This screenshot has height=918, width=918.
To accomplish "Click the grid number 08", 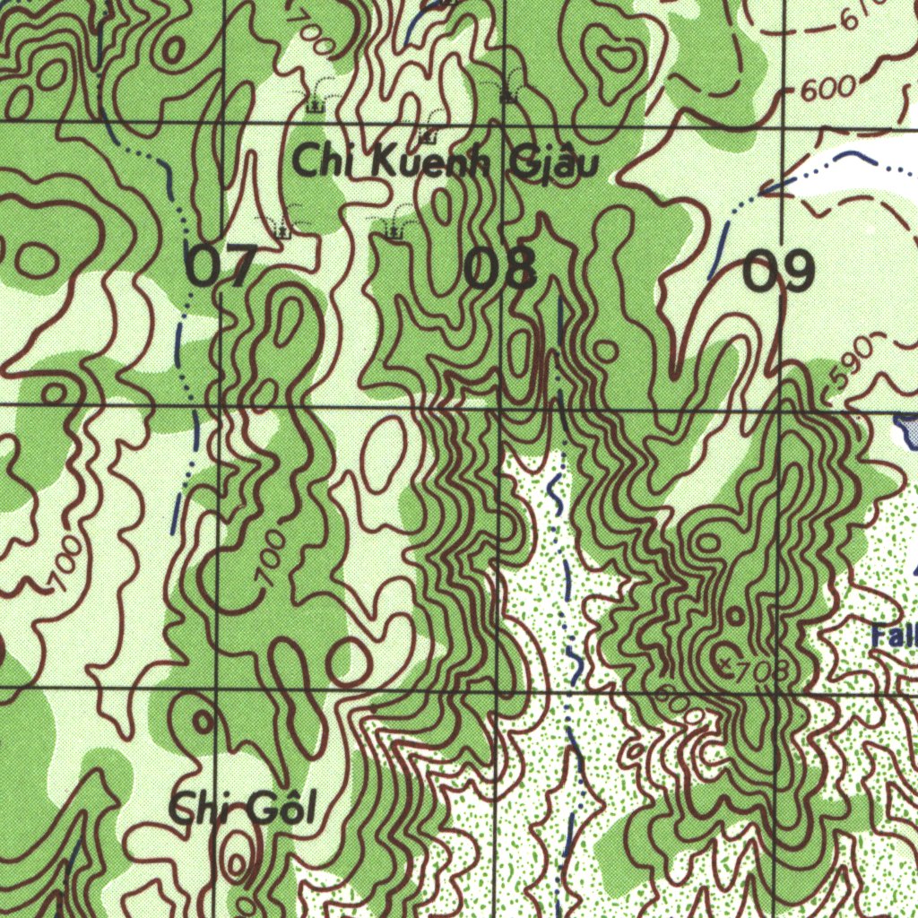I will (x=500, y=268).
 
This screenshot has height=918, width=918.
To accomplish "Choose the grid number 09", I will (x=779, y=270).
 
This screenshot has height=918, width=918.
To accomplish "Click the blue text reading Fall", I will (x=895, y=637).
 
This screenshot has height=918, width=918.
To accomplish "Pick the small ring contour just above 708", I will (x=734, y=616).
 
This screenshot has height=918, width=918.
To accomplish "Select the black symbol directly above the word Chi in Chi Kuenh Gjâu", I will (x=315, y=106).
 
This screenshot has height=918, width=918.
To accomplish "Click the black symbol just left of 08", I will (x=393, y=231).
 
